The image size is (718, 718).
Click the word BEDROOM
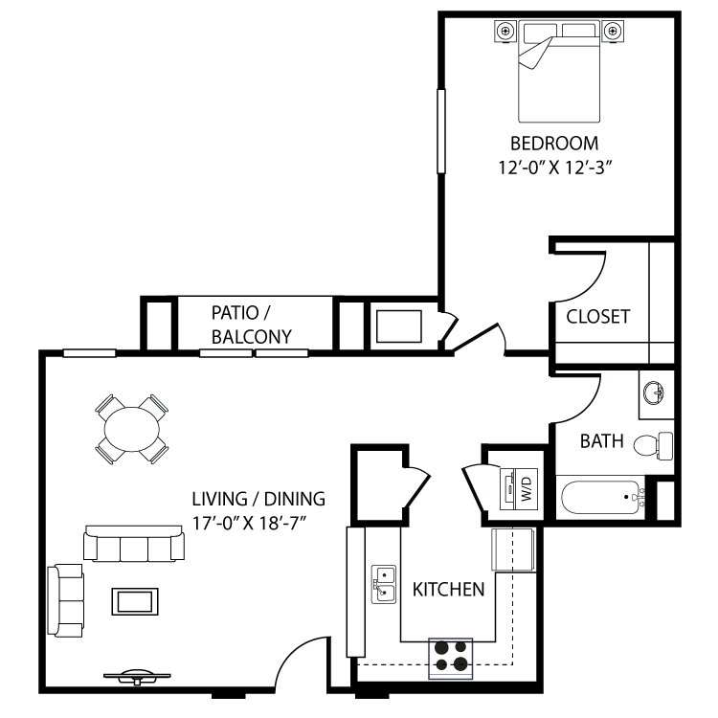(554, 144)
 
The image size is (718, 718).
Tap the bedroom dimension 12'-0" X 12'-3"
(554, 168)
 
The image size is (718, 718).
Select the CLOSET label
(597, 316)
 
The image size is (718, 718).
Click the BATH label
(602, 441)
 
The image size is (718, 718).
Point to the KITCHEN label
(448, 589)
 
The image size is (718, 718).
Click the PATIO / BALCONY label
(251, 325)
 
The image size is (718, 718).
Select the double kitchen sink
(384, 583)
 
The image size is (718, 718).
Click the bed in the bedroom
(560, 72)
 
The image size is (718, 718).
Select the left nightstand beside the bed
(504, 33)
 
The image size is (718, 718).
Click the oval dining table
(131, 429)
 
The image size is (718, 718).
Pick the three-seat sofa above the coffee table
(135, 544)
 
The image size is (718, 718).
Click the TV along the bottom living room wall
(133, 676)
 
